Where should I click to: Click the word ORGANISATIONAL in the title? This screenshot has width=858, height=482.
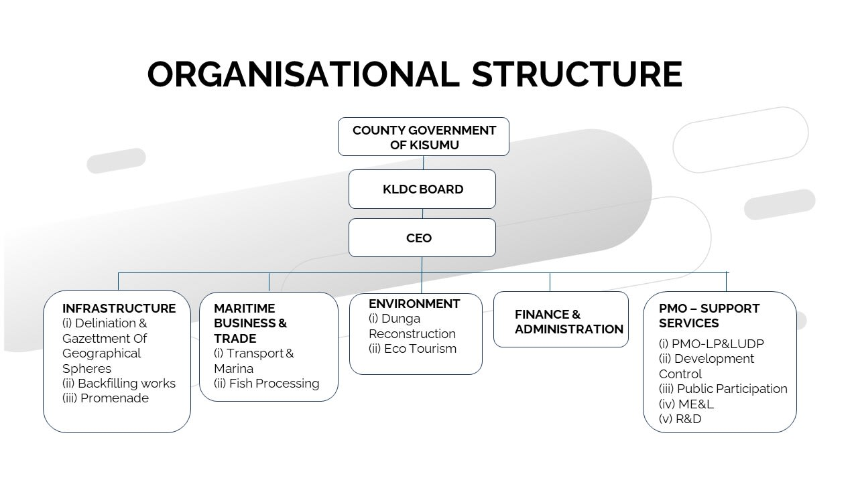304,74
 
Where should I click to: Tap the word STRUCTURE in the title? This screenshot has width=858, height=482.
577,74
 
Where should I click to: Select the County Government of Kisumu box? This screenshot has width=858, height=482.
423,137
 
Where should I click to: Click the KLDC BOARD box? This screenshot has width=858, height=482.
422,189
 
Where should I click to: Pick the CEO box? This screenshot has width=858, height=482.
422,238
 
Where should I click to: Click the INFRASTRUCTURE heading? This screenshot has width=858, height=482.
119,309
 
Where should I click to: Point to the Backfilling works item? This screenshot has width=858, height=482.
119,384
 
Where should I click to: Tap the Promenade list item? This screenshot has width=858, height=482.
105,398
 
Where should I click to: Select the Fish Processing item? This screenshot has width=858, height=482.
266,384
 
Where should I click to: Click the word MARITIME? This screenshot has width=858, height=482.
245,309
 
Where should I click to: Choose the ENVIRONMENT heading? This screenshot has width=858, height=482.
414,304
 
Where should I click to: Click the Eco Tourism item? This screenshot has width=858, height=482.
412,349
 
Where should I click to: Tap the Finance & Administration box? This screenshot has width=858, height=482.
561,319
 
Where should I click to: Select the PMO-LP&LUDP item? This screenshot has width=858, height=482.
711,344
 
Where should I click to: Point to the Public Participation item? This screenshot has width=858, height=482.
723,389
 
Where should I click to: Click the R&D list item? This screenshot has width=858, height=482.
680,419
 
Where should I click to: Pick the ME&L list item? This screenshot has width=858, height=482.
686,404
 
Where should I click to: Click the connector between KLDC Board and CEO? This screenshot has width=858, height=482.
422,214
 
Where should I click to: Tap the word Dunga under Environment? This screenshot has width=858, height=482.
401,319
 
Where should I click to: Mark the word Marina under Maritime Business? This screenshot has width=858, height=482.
234,369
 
